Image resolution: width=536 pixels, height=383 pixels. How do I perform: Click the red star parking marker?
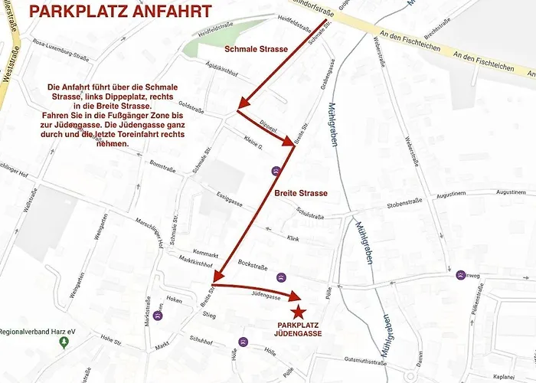pyautogui.click(x=298, y=312)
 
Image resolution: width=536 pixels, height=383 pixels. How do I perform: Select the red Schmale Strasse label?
pyautogui.click(x=256, y=49)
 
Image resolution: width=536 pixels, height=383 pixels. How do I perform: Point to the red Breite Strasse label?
pyautogui.click(x=301, y=193)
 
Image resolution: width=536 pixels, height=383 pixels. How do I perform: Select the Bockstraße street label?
pyautogui.click(x=252, y=264)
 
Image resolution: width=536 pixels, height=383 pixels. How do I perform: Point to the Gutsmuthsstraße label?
pyautogui.click(x=363, y=359)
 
